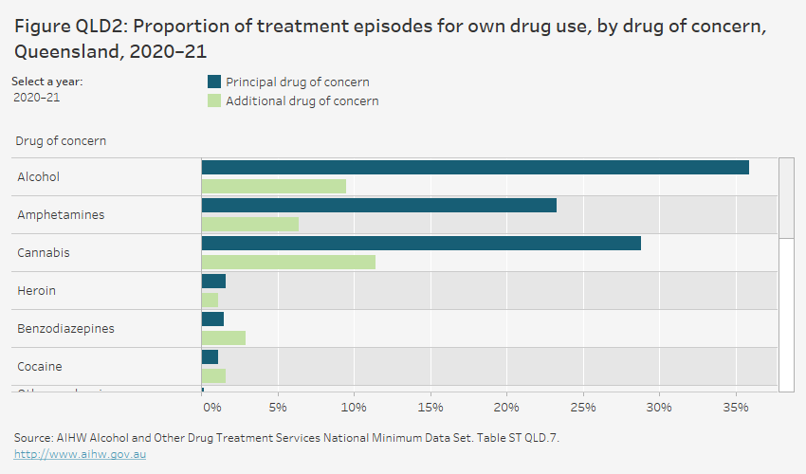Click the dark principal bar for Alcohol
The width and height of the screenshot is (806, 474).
tap(474, 167)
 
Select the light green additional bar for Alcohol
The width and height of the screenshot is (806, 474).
tap(273, 186)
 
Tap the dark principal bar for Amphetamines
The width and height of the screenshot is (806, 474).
tap(378, 205)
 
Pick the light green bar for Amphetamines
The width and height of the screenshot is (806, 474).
tap(249, 224)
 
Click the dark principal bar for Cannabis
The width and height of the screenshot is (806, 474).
tap(421, 243)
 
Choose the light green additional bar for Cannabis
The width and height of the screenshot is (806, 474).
tap(288, 262)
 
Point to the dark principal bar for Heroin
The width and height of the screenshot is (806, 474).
tap(213, 281)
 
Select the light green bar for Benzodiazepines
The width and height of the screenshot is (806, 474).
tap(223, 337)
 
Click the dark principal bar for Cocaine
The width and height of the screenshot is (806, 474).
tap(210, 356)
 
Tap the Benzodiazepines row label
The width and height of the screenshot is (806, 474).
tap(65, 329)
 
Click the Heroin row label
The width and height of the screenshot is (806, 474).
tap(35, 291)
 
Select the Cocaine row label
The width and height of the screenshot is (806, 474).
tap(40, 367)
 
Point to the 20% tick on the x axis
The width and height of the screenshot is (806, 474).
tap(505, 408)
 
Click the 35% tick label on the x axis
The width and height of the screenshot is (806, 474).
tap(735, 408)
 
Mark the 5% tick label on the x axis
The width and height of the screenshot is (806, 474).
tap(277, 408)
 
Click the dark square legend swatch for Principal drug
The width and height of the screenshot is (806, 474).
tap(213, 82)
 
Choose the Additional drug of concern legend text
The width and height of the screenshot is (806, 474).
tap(302, 101)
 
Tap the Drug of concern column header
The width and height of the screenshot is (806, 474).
tap(61, 141)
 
